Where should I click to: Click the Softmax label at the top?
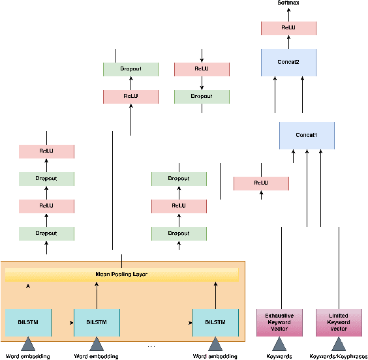288,3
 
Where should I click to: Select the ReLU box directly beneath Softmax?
288,28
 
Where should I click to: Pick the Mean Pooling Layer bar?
122,275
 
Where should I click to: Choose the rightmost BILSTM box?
215,321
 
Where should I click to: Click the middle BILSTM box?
97,321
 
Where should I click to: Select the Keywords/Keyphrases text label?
338,356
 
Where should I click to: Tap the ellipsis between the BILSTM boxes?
151,346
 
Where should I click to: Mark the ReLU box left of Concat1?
261,183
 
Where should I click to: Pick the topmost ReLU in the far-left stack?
47,151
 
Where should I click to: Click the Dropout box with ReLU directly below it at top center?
130,68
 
